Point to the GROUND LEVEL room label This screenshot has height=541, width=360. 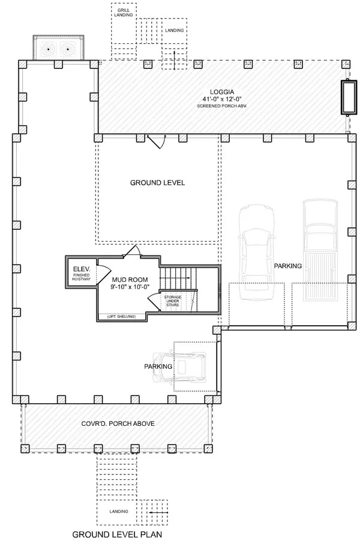[x=157, y=183]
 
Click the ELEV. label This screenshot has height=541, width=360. [x=81, y=269]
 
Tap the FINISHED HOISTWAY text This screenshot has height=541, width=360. [x=81, y=278]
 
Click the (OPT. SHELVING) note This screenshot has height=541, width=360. [x=122, y=316]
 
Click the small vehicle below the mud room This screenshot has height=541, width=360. [x=180, y=366]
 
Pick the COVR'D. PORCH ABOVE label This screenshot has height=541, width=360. [x=118, y=423]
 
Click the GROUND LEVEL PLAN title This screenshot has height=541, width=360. [x=117, y=533]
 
